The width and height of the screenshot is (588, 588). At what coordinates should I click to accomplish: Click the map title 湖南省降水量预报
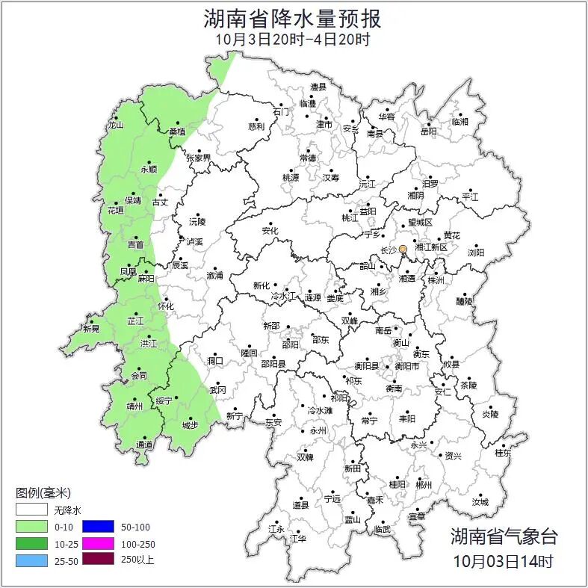click(x=292, y=18)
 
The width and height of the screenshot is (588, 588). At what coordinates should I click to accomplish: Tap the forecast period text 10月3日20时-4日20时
click(x=292, y=39)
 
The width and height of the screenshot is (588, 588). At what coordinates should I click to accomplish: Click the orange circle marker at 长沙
click(x=403, y=249)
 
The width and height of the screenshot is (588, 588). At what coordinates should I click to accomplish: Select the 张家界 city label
click(x=199, y=158)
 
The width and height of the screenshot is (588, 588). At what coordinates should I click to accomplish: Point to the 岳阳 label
click(x=429, y=131)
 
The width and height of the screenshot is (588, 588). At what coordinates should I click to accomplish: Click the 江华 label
click(x=298, y=538)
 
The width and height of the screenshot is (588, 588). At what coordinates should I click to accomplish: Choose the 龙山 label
click(x=115, y=126)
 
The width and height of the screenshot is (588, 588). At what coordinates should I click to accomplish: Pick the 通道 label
click(x=144, y=445)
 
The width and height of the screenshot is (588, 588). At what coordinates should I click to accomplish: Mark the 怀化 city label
click(x=165, y=306)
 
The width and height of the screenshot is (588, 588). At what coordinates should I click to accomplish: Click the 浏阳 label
click(x=476, y=253)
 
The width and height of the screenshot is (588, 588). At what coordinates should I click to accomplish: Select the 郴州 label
click(x=424, y=484)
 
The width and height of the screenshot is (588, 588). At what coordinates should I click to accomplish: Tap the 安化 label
click(x=270, y=231)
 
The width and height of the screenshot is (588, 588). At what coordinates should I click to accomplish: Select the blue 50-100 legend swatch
click(x=97, y=526)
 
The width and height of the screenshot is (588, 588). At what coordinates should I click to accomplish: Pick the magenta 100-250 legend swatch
click(x=97, y=542)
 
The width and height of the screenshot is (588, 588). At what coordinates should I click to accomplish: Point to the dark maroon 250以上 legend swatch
click(x=97, y=559)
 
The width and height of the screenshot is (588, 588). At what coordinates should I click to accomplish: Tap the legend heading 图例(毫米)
click(x=43, y=492)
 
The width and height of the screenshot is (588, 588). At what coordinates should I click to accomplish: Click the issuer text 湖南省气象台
click(x=503, y=535)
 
